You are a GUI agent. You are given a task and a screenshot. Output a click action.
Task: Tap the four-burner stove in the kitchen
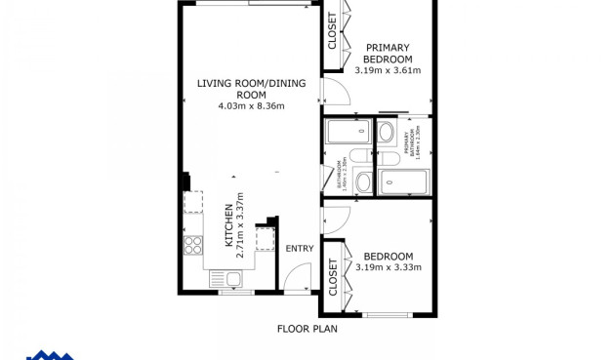pos(192,244)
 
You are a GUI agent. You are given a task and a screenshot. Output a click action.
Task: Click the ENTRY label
pos(299,249)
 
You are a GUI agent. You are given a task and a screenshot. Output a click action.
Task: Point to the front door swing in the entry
pos(297,278)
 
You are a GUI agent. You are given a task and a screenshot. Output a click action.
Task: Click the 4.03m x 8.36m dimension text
pos(251,105)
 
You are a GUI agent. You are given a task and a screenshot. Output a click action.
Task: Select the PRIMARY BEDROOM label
pos(388,53)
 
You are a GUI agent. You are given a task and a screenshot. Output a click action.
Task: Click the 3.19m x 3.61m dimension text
pos(388,70)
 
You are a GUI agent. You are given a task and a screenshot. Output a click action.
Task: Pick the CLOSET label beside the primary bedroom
pos(332,32)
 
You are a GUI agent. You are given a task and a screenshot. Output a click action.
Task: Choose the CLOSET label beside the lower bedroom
pos(333,276)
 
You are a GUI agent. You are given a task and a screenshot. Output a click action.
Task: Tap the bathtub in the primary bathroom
pos(402,181)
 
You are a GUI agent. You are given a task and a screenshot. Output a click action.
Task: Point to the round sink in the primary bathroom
pos(386,133)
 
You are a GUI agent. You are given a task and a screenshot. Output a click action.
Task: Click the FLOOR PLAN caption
pos(307,329)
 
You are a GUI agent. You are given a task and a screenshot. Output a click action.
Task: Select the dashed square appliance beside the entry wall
pos(266,239)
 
